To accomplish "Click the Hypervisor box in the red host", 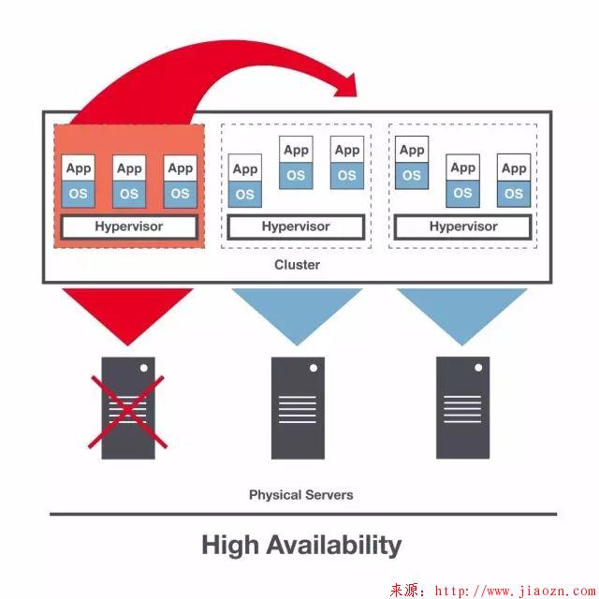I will pyautogui.click(x=129, y=226).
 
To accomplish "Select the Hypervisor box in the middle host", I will pyautogui.click(x=296, y=226).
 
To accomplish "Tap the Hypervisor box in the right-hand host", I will pyautogui.click(x=463, y=226).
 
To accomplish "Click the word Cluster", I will pyautogui.click(x=297, y=265).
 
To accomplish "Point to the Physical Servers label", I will pyautogui.click(x=300, y=494).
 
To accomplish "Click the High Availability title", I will pyautogui.click(x=301, y=545).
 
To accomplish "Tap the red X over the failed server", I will pyautogui.click(x=128, y=411).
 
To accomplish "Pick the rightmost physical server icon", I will pyautogui.click(x=462, y=407).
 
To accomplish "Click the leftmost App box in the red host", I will pyautogui.click(x=79, y=168).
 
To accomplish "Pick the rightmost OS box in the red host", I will pyautogui.click(x=180, y=194).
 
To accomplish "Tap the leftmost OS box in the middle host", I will pyautogui.click(x=245, y=195).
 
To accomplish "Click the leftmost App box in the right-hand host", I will pyautogui.click(x=412, y=150).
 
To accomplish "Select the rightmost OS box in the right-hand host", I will pyautogui.click(x=514, y=193).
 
